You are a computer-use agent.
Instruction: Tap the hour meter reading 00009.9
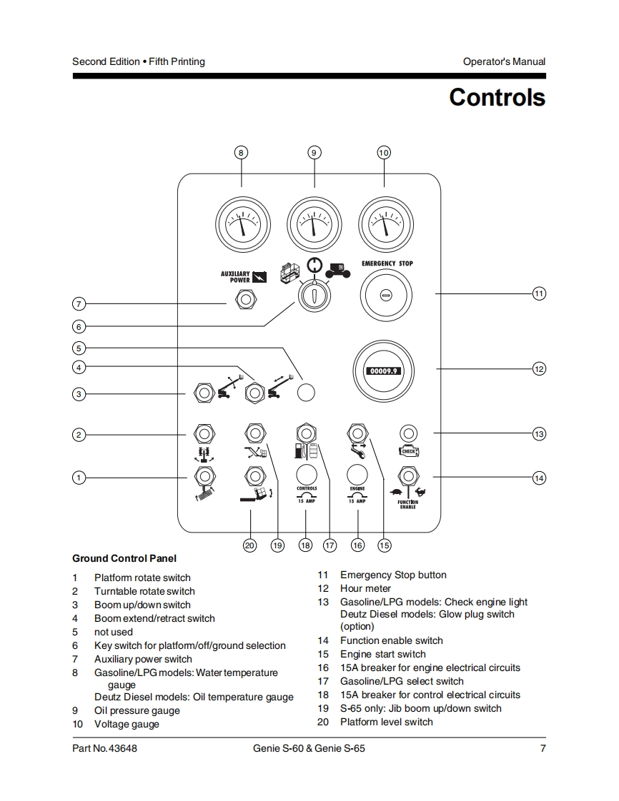click(x=385, y=371)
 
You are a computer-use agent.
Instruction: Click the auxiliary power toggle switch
click(x=245, y=298)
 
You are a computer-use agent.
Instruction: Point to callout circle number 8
click(x=241, y=152)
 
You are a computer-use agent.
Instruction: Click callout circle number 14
click(x=539, y=478)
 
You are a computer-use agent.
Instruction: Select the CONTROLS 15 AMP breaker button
click(x=307, y=474)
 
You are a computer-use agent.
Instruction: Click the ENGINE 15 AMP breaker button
click(x=357, y=474)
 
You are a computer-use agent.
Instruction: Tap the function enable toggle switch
click(x=407, y=475)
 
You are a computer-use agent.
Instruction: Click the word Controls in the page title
click(x=497, y=97)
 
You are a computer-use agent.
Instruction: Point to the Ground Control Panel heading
click(x=124, y=558)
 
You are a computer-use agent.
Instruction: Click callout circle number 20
click(x=249, y=545)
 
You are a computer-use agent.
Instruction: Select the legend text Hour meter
click(x=365, y=588)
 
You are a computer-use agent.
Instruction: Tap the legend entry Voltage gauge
click(x=127, y=724)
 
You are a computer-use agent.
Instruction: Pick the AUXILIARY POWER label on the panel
click(x=235, y=276)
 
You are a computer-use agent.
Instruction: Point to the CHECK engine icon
click(x=407, y=451)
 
